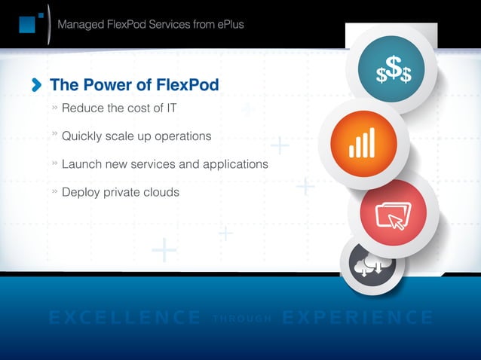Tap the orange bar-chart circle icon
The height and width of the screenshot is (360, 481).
coord(363,143)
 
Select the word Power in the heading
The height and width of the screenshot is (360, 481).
coord(103,85)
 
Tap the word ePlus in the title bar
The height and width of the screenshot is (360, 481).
coord(227,24)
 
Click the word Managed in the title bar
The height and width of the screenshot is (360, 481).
coord(82,24)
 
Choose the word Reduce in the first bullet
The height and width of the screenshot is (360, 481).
coord(83,108)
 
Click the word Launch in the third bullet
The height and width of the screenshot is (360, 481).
coord(81,163)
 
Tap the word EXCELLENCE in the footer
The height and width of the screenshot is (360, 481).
coord(124,318)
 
